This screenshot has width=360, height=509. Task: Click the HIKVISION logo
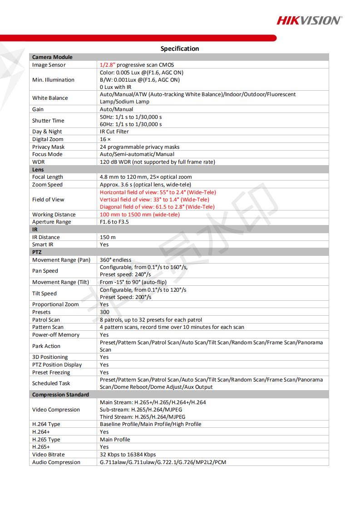309,20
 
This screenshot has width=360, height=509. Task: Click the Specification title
179,49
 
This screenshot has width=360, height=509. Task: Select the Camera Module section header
52,57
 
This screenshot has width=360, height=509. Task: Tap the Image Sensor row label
49,65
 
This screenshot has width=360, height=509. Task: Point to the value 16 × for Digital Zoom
105,139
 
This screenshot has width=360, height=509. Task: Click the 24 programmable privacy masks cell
139,147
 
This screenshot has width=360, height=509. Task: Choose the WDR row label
38,162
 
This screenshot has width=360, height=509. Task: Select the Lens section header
38,170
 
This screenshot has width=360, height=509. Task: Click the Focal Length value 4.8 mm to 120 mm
145,177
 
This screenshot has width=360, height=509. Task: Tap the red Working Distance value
139,215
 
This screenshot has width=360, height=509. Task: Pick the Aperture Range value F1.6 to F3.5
114,222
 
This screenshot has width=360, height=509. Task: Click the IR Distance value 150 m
108,237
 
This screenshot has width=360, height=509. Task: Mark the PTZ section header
37,252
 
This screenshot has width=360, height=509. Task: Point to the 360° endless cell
115,260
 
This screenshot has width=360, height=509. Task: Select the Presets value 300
104,312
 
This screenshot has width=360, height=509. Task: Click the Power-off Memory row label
55,335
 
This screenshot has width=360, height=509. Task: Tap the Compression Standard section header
60,395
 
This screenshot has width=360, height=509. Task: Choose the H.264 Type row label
46,424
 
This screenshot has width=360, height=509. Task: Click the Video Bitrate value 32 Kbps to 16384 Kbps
128,455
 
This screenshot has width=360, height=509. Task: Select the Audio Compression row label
56,462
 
